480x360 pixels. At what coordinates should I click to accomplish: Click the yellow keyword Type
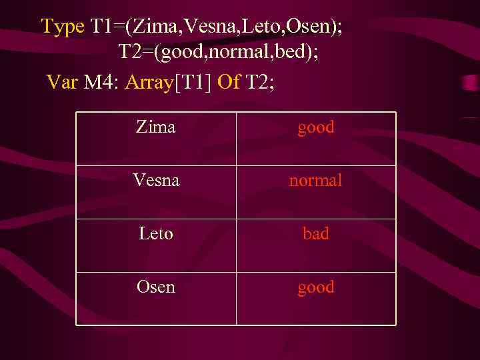(x=63, y=27)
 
